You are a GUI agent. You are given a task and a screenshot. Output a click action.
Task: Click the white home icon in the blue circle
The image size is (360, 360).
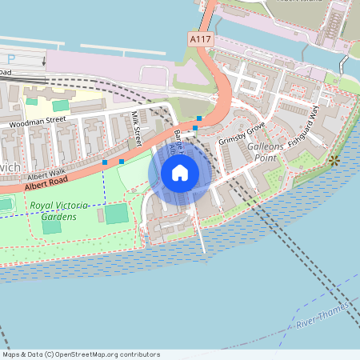(179, 173)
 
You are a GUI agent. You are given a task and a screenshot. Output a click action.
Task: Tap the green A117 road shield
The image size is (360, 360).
(200, 39)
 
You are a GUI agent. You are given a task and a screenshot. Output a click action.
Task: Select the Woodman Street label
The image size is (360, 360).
(38, 124)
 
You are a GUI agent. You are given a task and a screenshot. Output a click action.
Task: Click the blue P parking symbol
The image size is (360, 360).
(11, 58)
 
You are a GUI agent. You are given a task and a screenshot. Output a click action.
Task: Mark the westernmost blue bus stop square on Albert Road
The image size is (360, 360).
(105, 162)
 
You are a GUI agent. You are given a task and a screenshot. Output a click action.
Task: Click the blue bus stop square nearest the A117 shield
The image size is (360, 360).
(198, 118)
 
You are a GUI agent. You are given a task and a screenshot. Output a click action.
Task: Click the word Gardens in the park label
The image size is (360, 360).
(60, 217)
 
